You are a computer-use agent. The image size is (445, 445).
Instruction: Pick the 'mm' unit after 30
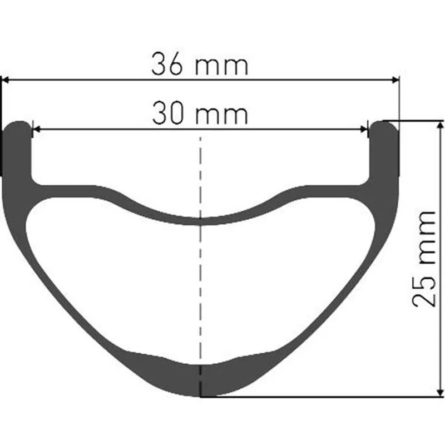[222, 115]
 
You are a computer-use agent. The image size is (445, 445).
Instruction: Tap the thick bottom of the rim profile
[201, 382]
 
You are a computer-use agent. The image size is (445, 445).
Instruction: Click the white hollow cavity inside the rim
[201, 289]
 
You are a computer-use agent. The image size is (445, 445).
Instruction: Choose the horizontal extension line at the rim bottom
[323, 397]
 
